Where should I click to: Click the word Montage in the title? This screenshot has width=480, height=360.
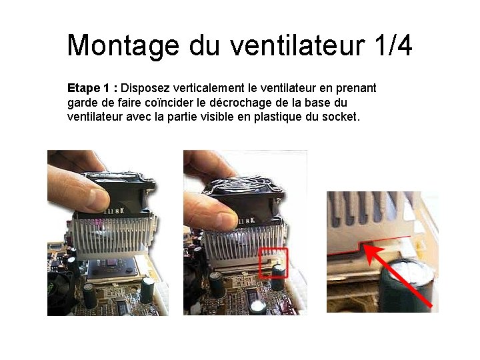pyautogui.click(x=123, y=46)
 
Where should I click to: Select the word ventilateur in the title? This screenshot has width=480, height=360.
pyautogui.click(x=297, y=45)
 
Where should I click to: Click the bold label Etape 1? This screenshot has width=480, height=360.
pyautogui.click(x=88, y=88)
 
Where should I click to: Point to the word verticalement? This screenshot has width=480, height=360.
pyautogui.click(x=209, y=88)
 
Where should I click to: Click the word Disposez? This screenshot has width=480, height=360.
pyautogui.click(x=145, y=89)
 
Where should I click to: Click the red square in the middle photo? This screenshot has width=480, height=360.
pyautogui.click(x=274, y=248)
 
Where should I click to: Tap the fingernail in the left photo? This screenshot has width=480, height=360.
pyautogui.click(x=99, y=199)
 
